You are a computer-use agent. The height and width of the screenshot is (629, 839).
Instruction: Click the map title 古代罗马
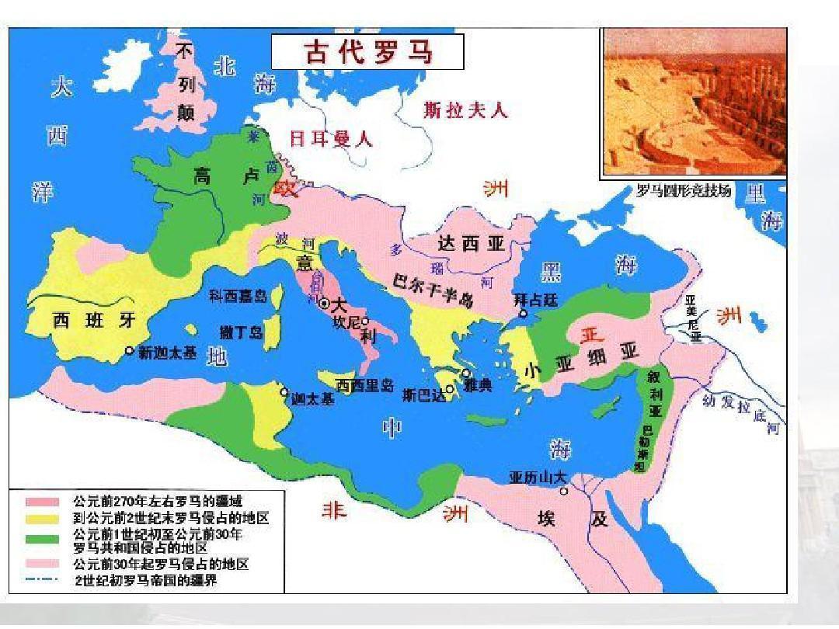point(367,52)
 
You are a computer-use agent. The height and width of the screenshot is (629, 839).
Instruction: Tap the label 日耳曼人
point(331,139)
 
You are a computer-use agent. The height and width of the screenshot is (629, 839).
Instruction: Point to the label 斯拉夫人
point(465,110)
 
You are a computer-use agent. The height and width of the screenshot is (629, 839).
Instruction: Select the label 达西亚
point(471,244)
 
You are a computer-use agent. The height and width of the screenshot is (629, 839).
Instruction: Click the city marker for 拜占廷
point(524,314)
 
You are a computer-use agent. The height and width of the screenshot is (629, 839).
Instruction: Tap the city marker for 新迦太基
point(130,351)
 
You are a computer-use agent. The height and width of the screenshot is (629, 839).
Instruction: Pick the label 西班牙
point(94,320)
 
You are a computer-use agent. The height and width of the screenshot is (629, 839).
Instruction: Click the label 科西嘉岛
point(238,296)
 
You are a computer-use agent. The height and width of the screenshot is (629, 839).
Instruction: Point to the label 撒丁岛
point(242,332)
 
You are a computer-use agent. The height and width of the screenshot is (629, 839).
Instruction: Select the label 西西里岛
point(365,384)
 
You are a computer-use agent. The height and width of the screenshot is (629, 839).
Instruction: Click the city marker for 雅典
point(465,374)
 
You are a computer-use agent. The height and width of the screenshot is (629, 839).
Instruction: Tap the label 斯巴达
point(425,394)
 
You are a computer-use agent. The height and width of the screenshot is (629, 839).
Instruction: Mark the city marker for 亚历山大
point(564,491)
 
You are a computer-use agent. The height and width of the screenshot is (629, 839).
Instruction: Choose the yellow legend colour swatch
point(43,517)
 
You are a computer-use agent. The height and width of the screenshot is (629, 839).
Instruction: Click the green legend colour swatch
point(43,537)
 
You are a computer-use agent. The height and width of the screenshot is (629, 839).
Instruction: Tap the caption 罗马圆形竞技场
point(684,191)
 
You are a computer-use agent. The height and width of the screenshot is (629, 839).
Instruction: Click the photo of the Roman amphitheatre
point(695,102)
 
